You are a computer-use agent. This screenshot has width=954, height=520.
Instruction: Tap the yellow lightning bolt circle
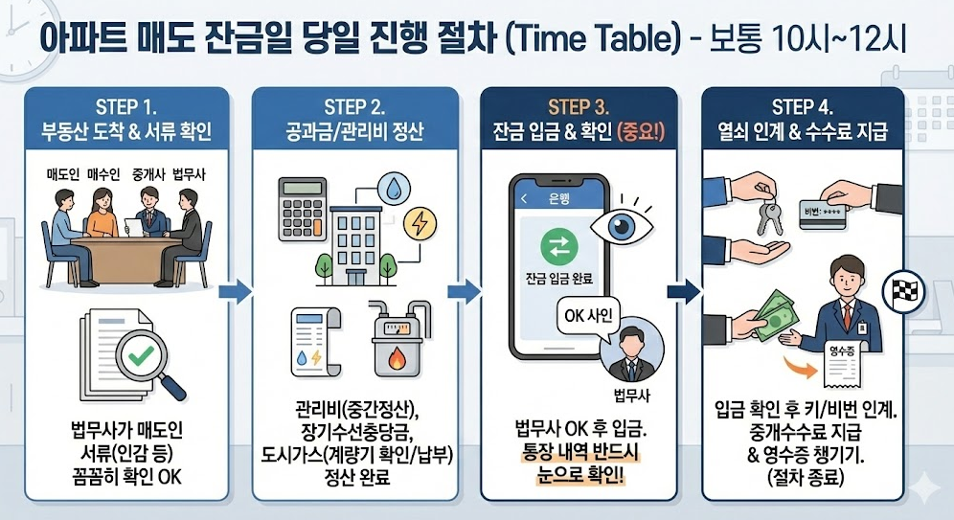pos(420,224)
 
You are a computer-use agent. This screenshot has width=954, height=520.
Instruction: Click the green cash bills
pos(773,312)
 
